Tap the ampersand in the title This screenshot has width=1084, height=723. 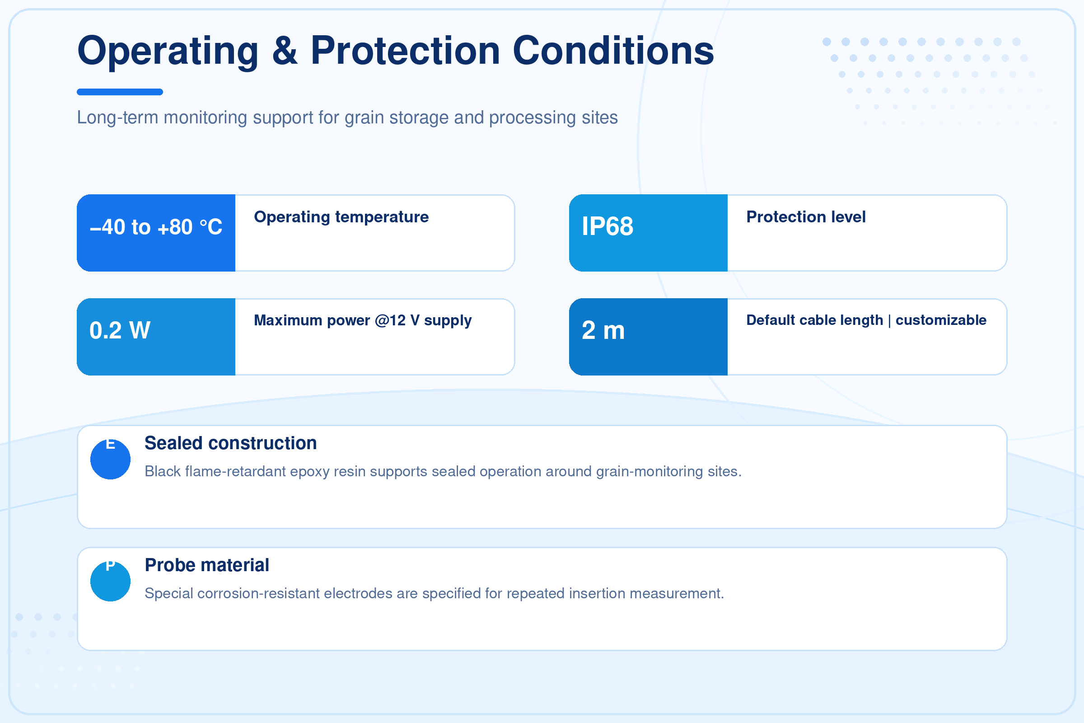point(285,50)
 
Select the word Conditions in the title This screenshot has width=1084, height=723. point(613,50)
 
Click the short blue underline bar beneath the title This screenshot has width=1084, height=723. point(120,92)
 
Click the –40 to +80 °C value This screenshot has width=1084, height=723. point(156,227)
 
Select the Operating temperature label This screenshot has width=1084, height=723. point(341,217)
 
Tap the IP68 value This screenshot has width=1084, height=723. point(607,226)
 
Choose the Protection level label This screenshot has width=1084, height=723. point(806,217)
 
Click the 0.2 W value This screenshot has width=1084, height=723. point(120,330)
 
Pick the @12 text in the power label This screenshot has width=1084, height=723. point(390,320)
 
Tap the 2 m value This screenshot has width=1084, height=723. point(603,330)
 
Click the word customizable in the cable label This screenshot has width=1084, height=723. point(941,320)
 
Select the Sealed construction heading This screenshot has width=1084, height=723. point(230,443)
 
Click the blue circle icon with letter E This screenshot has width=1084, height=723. point(110,459)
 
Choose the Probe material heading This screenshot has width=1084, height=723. point(206,565)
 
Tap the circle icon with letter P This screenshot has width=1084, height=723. point(110,581)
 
